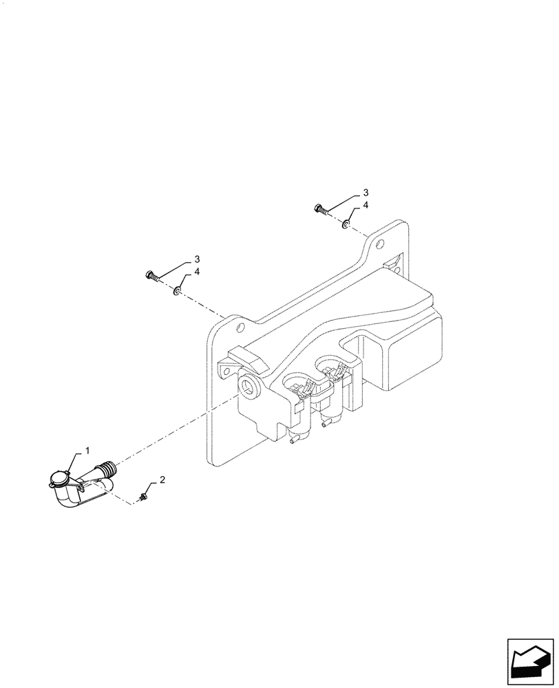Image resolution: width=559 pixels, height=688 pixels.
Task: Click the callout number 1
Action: (x=87, y=450)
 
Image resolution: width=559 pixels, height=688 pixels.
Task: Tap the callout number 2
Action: (x=162, y=479)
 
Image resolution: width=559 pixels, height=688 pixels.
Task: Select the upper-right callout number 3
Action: (x=366, y=192)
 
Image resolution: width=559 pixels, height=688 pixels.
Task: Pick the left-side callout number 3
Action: (x=197, y=259)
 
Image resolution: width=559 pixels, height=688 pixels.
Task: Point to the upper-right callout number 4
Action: (x=366, y=205)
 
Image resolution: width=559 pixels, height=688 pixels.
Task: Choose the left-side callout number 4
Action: (x=197, y=272)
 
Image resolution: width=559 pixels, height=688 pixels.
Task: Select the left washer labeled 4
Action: (x=178, y=292)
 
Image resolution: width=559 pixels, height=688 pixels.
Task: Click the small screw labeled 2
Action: (x=143, y=495)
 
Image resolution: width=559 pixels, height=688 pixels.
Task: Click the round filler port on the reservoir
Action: (x=248, y=387)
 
